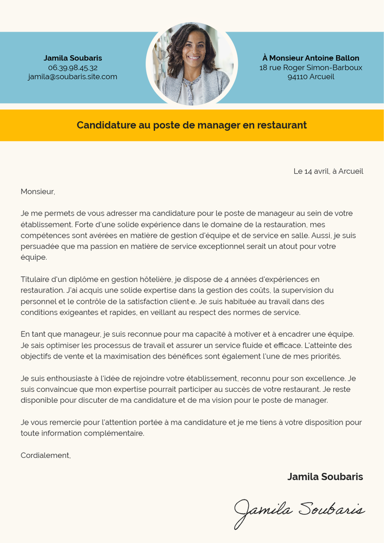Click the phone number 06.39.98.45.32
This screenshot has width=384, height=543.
click(x=73, y=68)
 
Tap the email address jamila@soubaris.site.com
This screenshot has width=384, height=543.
click(x=73, y=77)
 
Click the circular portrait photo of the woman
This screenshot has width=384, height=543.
click(x=192, y=64)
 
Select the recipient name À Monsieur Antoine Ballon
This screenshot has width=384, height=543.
click(x=311, y=58)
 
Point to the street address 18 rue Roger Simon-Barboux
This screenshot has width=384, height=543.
click(x=311, y=68)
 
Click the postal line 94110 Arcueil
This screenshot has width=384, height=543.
click(x=311, y=77)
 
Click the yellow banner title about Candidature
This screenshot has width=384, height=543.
click(x=192, y=125)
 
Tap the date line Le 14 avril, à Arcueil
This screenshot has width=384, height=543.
click(x=328, y=171)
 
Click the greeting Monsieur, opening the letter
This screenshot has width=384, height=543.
click(x=37, y=192)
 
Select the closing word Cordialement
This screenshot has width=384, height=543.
click(x=46, y=455)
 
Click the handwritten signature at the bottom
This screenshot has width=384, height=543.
click(x=300, y=510)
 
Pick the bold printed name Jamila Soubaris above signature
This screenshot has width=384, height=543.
click(x=325, y=477)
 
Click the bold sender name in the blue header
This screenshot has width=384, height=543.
click(x=73, y=58)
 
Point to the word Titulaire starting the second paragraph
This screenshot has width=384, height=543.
click(x=37, y=279)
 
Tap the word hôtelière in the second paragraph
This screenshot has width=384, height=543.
click(x=155, y=279)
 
